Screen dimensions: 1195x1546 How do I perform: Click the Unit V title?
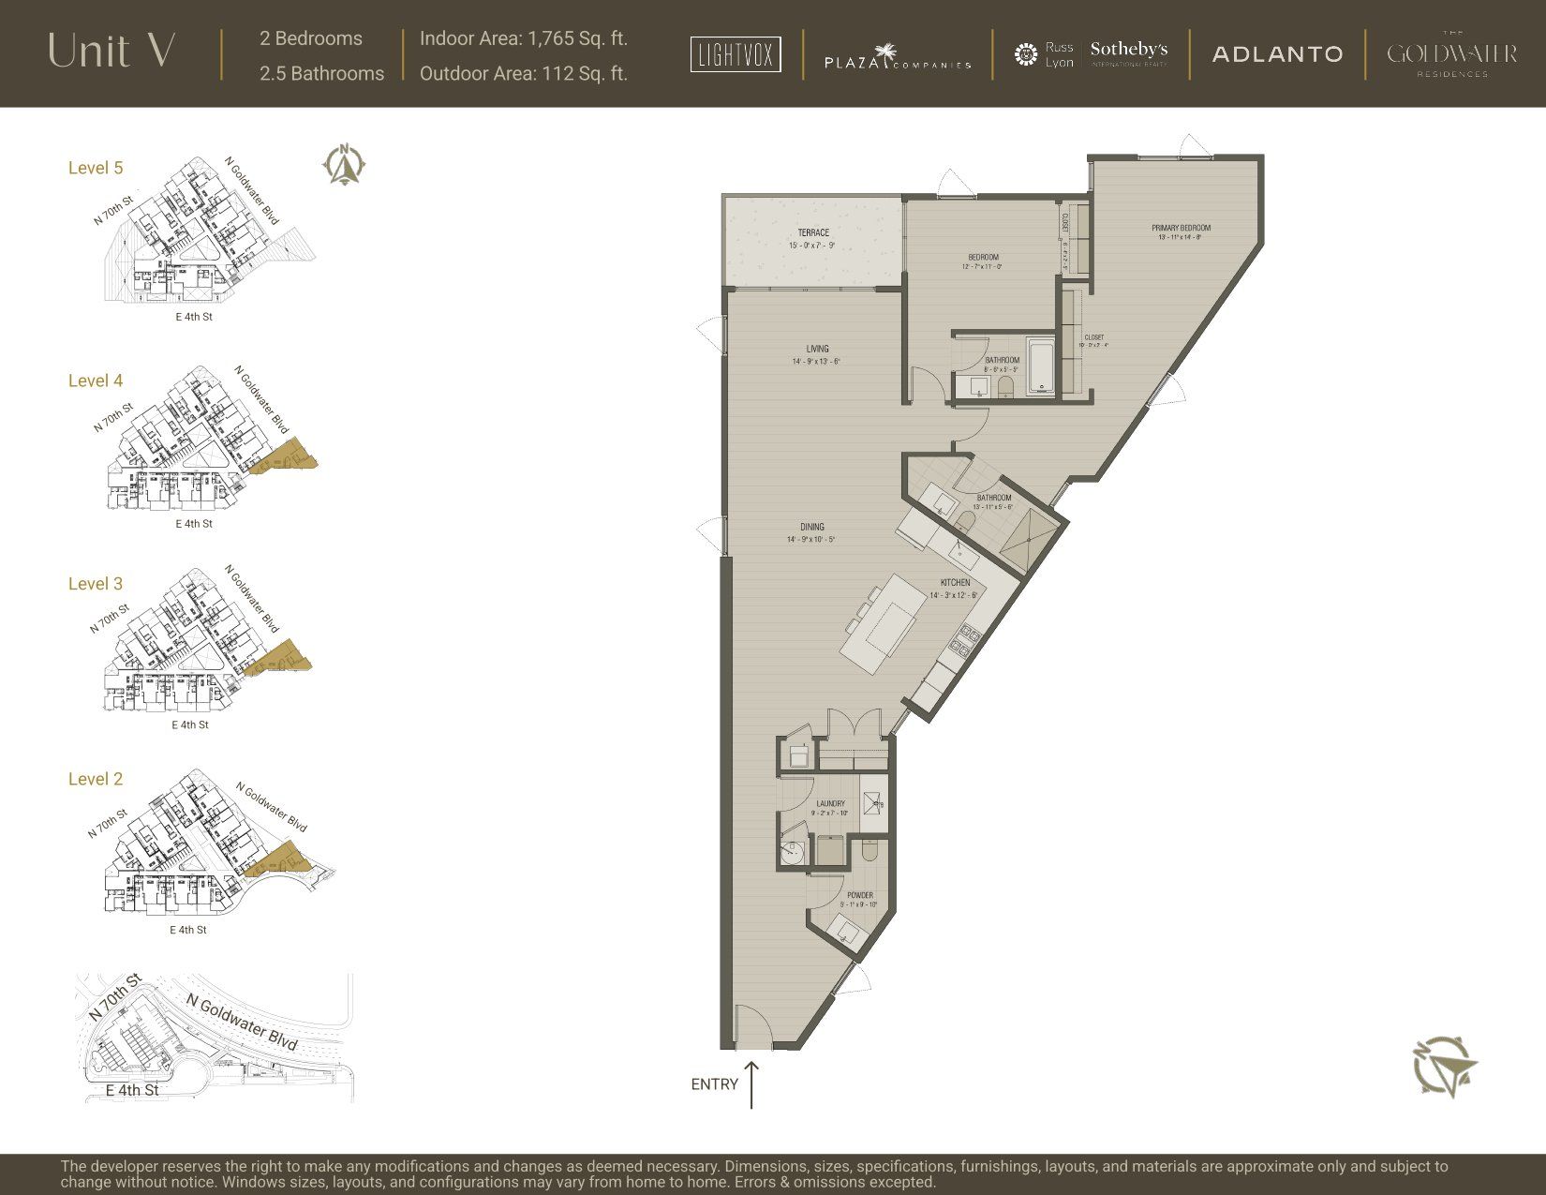click(x=111, y=52)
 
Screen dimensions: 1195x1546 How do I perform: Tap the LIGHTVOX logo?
click(x=736, y=54)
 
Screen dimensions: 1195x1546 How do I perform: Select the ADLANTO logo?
click(x=1277, y=54)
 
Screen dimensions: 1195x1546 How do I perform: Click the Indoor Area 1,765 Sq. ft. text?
click(x=523, y=38)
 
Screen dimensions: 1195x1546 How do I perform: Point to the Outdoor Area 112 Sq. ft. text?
click(x=523, y=73)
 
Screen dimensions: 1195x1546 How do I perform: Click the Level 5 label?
click(x=96, y=168)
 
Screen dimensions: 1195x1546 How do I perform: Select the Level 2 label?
click(x=96, y=779)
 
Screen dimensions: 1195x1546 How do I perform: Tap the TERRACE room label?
click(x=813, y=232)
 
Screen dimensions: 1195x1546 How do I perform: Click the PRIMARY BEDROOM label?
click(x=1181, y=228)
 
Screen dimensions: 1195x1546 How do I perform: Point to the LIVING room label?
click(x=817, y=349)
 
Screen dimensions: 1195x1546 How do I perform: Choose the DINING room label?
click(x=812, y=527)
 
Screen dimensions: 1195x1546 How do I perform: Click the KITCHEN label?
click(x=955, y=583)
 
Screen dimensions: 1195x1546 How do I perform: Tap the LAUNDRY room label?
click(x=830, y=803)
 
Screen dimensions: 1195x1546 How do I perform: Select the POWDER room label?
click(x=859, y=895)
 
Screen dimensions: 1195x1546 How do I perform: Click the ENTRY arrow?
click(x=751, y=1084)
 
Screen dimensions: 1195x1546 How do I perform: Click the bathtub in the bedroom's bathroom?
click(x=1041, y=366)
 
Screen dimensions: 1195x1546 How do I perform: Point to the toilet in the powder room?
click(x=869, y=850)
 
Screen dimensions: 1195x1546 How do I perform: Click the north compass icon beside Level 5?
click(x=345, y=164)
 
